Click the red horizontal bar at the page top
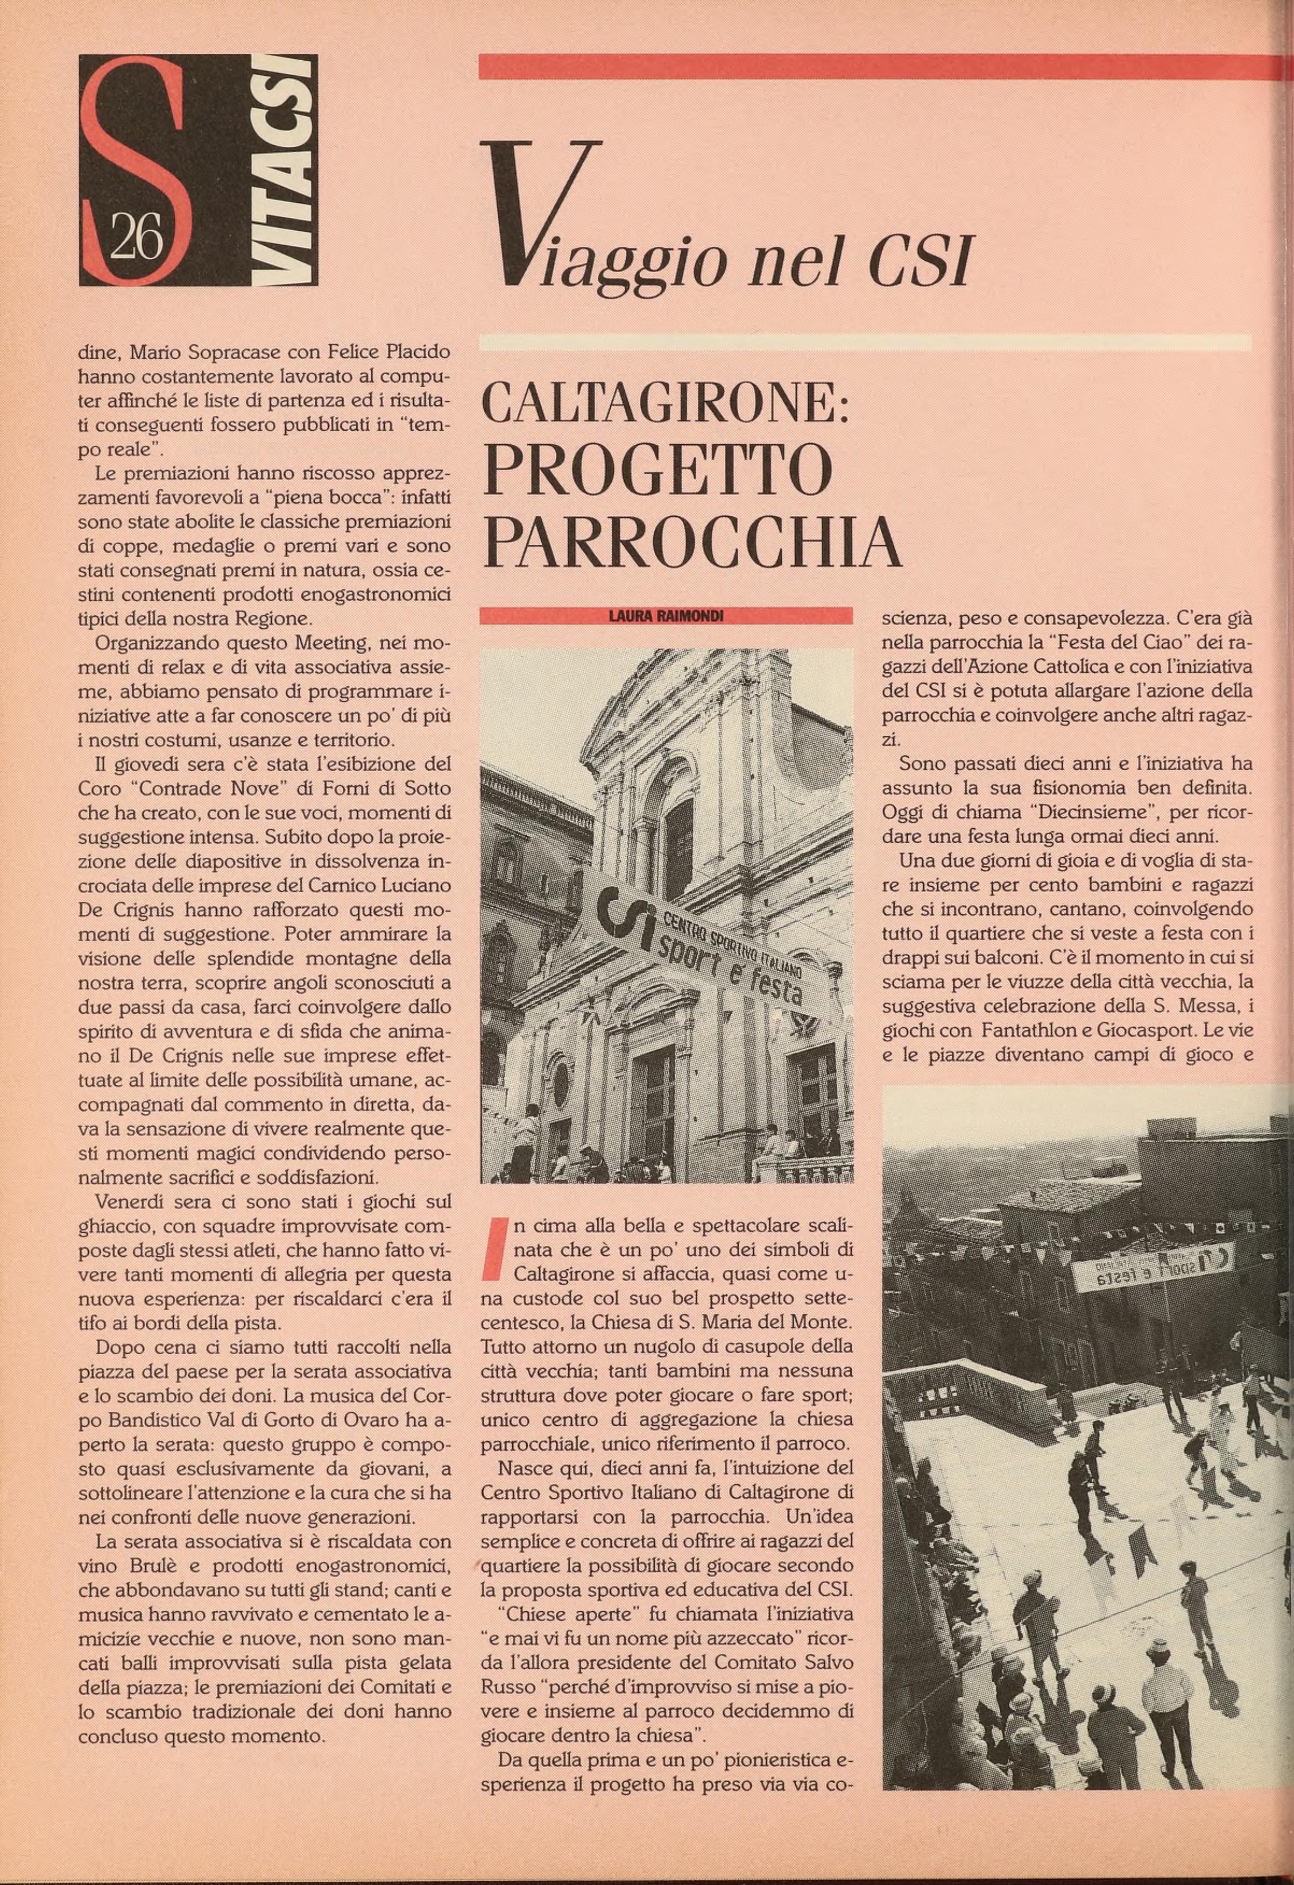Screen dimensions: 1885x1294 [x=876, y=67]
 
